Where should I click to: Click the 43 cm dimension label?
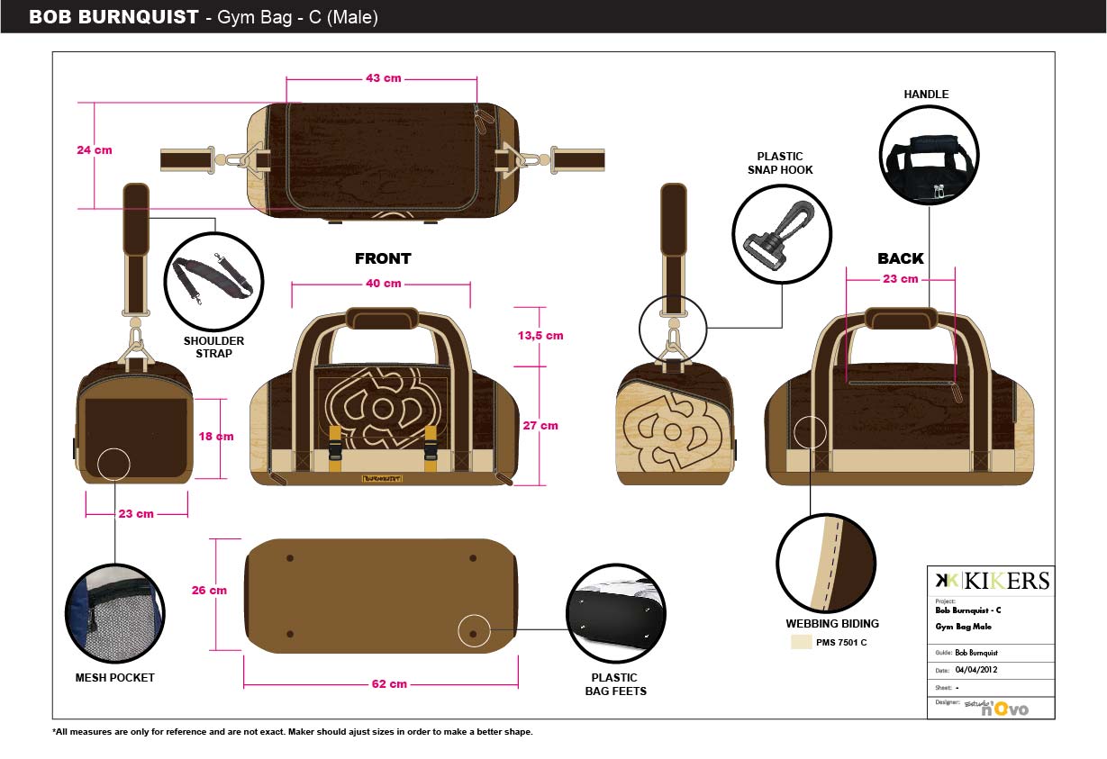[383, 78]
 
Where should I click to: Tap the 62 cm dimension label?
[389, 684]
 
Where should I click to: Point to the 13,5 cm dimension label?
[540, 336]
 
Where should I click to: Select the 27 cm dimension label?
[540, 426]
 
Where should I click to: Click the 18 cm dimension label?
[216, 437]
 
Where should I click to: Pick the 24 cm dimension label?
[95, 150]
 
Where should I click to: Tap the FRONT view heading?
[383, 259]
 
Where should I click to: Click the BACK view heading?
[901, 259]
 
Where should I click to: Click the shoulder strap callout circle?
[214, 280]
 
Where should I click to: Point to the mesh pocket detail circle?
[113, 611]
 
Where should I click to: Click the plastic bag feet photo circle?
[615, 615]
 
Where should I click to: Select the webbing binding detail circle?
[826, 564]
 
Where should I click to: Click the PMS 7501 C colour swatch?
[802, 642]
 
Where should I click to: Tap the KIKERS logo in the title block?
[991, 581]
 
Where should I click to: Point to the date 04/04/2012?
[976, 670]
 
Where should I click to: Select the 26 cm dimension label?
[209, 592]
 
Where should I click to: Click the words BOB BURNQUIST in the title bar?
[113, 17]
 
